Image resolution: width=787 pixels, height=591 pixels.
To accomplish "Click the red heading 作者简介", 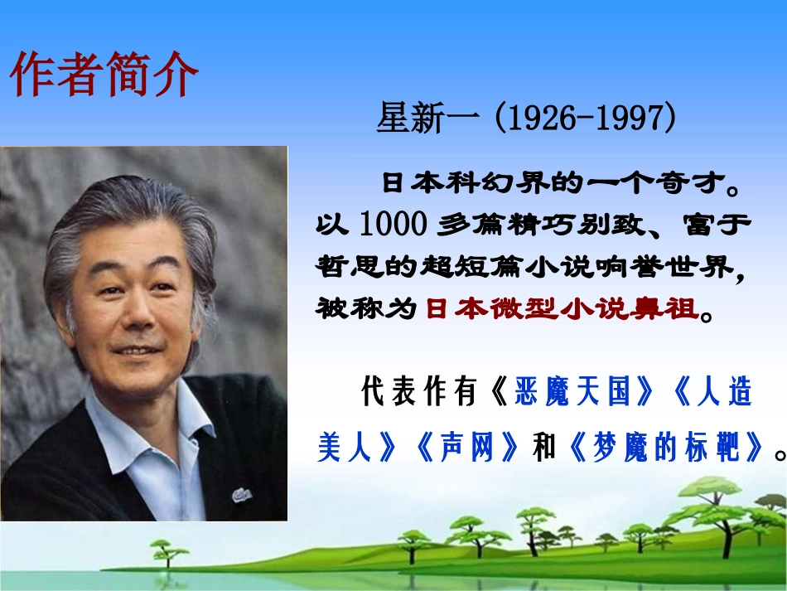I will click(104, 74).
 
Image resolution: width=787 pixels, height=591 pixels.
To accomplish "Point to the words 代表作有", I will click(419, 393).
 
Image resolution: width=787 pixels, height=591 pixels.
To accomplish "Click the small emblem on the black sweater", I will click(242, 494).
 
